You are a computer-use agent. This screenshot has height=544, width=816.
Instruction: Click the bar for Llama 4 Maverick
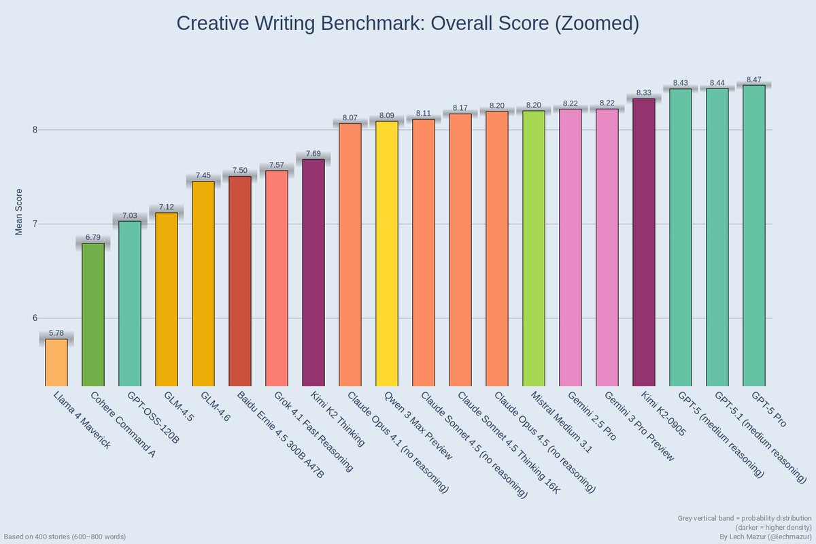click(x=56, y=362)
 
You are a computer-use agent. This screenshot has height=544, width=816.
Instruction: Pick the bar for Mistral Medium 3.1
click(x=534, y=248)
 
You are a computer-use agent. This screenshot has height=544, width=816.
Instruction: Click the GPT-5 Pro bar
click(x=754, y=235)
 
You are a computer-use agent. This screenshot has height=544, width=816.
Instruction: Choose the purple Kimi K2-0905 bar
click(x=644, y=242)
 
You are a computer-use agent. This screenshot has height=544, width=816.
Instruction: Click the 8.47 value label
click(x=754, y=80)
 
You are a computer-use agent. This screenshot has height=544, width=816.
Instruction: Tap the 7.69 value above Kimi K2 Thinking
click(x=313, y=154)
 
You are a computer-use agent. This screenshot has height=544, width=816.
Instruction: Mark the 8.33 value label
click(x=644, y=92)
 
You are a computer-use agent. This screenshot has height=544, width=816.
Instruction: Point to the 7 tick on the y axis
click(x=34, y=224)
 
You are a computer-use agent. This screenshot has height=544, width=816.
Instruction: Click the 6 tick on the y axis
click(x=34, y=318)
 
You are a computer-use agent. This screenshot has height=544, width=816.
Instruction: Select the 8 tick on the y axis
click(x=34, y=130)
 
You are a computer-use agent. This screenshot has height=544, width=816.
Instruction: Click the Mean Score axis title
click(x=19, y=211)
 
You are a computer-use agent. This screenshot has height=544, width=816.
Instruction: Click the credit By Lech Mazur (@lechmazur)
click(x=766, y=537)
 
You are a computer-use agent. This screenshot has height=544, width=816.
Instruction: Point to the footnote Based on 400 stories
click(x=65, y=537)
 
